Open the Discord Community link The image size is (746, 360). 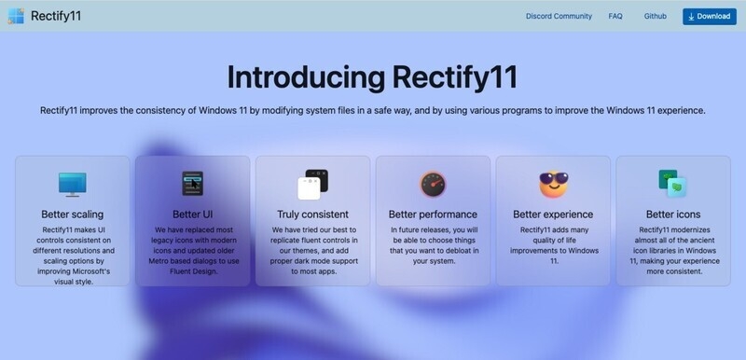[x=559, y=16]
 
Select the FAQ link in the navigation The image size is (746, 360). [x=615, y=16]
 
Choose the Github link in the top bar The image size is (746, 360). [x=655, y=16]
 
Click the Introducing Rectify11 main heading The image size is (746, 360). [x=373, y=76]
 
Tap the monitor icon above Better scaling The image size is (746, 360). [x=73, y=184]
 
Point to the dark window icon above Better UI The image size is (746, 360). [x=193, y=183]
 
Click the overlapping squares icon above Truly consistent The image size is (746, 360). [x=312, y=184]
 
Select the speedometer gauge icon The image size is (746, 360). [x=433, y=184]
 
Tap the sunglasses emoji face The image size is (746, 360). [x=553, y=183]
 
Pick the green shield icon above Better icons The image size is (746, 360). [x=672, y=184]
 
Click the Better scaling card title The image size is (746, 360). [x=73, y=215]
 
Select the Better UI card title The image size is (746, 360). [x=193, y=215]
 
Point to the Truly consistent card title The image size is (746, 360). [x=312, y=215]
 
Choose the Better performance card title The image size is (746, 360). [x=433, y=215]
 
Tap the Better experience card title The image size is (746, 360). [x=553, y=215]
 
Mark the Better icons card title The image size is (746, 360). [x=672, y=215]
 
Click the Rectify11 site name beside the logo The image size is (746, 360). [x=60, y=16]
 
